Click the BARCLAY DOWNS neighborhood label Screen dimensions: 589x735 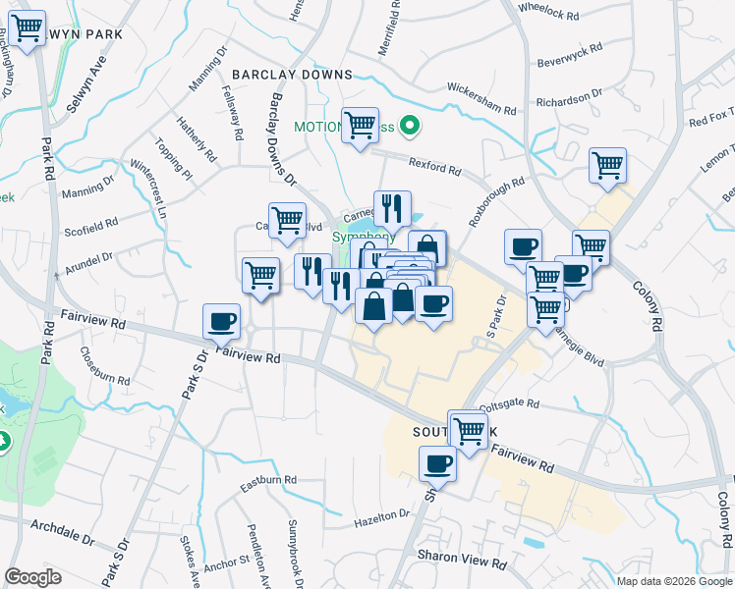click(292, 75)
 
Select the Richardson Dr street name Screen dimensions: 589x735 click(568, 99)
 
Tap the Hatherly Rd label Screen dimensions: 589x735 click(197, 139)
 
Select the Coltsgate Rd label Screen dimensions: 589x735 click(509, 403)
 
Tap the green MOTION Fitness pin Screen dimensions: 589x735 click(412, 127)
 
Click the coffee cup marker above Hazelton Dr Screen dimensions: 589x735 click(437, 463)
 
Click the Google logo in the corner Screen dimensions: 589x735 click(32, 577)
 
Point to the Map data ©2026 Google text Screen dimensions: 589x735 click(673, 581)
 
